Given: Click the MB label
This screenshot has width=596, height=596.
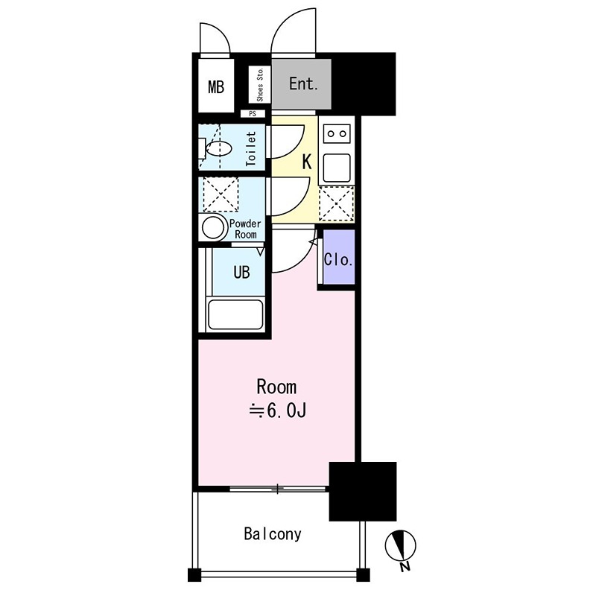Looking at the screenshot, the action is click(x=216, y=87).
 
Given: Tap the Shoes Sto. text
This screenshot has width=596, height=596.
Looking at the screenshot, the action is click(x=260, y=85).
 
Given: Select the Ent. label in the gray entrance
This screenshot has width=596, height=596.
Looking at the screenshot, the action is click(x=303, y=83).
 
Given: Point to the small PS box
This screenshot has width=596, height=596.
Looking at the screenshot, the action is click(x=253, y=114).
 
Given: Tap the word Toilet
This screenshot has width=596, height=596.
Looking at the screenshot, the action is click(x=251, y=149).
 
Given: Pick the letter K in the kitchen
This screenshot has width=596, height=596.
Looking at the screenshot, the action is click(x=307, y=162).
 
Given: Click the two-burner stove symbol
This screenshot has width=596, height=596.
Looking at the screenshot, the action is click(x=337, y=134).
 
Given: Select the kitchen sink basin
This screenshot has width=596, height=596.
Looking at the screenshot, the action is click(x=337, y=168).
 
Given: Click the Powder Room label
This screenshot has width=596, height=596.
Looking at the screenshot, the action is click(x=245, y=229).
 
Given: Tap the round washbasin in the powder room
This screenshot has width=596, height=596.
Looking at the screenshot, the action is click(x=213, y=228).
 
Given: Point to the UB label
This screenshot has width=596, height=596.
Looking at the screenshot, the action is click(x=241, y=272).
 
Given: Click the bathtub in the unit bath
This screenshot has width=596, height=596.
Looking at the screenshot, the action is click(x=235, y=315).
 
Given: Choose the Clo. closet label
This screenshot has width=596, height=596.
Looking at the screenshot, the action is click(x=338, y=259).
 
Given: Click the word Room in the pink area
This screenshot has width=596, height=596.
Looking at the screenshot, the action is click(x=276, y=387).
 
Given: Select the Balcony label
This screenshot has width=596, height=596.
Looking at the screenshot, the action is click(x=273, y=534).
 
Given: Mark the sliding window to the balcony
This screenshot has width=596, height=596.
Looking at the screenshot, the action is click(x=278, y=489).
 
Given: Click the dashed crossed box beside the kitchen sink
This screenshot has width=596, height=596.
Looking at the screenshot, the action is click(x=337, y=203).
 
